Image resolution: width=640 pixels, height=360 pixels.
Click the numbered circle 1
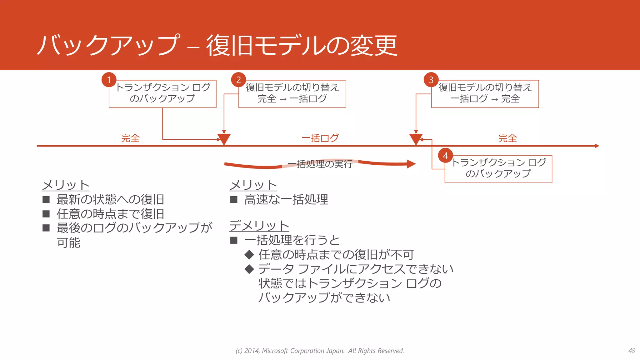[109, 80]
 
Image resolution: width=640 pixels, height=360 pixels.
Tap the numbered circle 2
[238, 80]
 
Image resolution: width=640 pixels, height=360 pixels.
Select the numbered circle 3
[431, 80]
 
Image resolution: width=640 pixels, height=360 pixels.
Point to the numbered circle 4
[445, 155]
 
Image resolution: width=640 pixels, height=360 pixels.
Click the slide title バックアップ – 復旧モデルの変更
[217, 45]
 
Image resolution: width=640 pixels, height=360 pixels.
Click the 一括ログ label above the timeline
[320, 138]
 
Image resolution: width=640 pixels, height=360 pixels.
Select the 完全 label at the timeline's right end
[507, 138]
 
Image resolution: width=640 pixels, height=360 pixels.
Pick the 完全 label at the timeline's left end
[130, 138]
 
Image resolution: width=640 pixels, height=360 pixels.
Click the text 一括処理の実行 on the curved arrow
[320, 164]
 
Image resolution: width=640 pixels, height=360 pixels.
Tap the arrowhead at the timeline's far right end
[597, 146]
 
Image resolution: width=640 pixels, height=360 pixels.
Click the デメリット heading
[259, 225]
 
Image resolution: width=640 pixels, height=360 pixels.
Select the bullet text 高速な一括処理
[286, 199]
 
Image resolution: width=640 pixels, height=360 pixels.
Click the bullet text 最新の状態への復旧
[110, 199]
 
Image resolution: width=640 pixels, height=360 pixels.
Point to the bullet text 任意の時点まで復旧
[110, 214]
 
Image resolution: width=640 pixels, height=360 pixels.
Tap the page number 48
[632, 351]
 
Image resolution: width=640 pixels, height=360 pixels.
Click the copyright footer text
[320, 351]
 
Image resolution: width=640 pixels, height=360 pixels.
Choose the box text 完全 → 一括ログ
[292, 99]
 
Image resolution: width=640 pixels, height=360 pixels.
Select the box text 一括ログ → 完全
[485, 99]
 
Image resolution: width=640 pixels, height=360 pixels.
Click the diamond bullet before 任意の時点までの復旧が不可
[249, 255]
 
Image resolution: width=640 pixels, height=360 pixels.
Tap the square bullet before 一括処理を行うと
[234, 240]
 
